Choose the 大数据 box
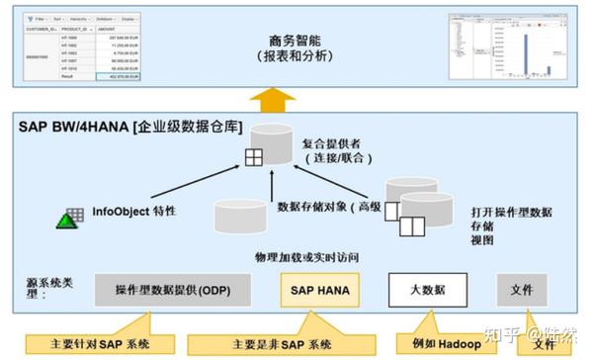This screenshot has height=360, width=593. (x=428, y=289)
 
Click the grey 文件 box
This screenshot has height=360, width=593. (x=521, y=289)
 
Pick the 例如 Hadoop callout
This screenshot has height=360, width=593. (x=448, y=343)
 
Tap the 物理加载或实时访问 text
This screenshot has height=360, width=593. (x=305, y=257)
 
